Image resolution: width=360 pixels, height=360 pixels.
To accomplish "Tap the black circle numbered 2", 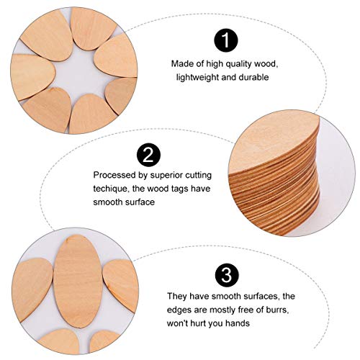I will click(x=148, y=154).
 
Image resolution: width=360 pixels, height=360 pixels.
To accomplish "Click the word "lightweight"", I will click(x=191, y=76).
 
